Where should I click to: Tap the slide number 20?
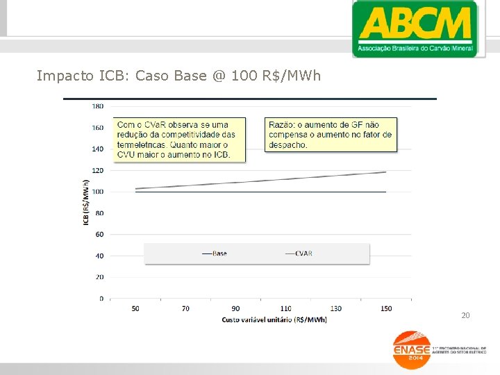point(465,316)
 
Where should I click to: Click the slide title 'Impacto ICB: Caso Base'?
point(178,75)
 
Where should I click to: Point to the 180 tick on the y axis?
point(97,106)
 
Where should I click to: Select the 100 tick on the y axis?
point(97,192)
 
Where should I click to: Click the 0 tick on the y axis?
point(101,299)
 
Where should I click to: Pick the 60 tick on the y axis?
point(99,235)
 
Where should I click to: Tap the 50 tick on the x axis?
point(135,308)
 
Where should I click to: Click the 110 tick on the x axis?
point(285,308)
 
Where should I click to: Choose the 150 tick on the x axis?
point(386,308)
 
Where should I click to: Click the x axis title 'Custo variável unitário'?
point(274,319)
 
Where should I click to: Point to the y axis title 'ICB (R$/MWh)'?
point(86,202)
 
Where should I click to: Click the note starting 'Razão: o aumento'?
point(331,135)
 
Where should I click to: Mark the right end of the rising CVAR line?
point(385,172)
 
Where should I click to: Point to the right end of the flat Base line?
point(385,192)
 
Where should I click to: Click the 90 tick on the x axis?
point(235,308)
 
